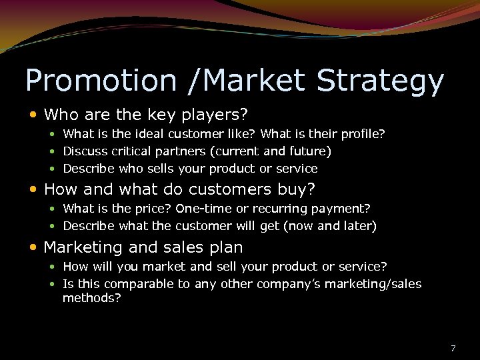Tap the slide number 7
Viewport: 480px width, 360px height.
tap(453, 348)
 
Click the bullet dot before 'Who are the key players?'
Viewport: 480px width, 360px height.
tap(34, 115)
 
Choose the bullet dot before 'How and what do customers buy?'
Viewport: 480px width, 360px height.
tap(34, 190)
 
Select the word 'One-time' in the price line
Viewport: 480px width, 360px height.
tap(199, 209)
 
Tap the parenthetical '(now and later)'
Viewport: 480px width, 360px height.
tap(330, 226)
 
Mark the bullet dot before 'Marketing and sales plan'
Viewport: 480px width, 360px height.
tap(34, 248)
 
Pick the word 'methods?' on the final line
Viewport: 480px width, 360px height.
tap(92, 299)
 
